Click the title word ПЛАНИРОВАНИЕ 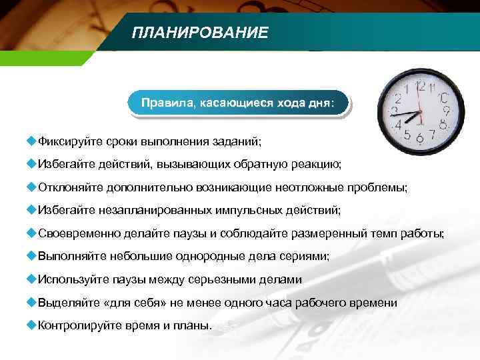pyautogui.click(x=200, y=33)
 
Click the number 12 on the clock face pyautogui.click(x=421, y=85)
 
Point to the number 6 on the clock pyautogui.click(x=419, y=137)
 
